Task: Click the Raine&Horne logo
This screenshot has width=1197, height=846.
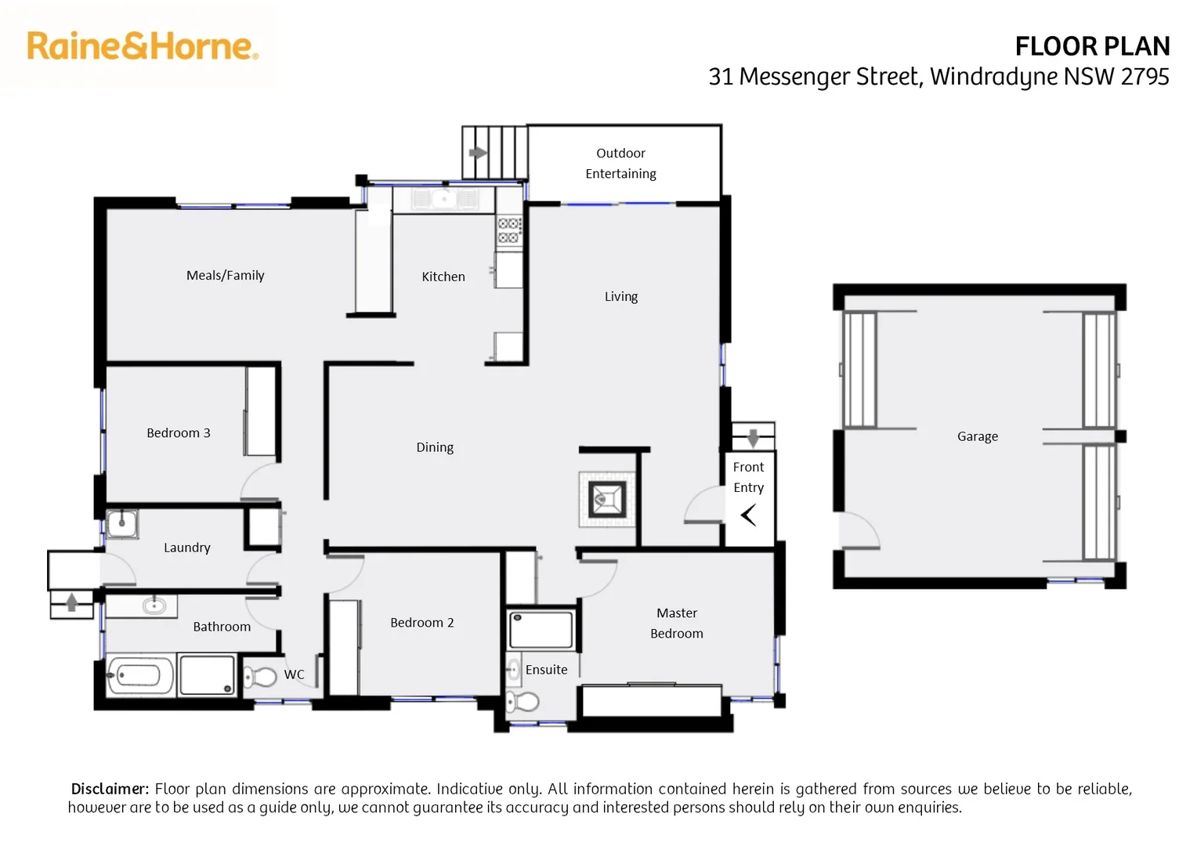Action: click(x=143, y=46)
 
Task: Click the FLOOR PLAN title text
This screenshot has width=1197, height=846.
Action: click(x=1091, y=46)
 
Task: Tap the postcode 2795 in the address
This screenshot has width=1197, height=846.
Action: click(x=1145, y=77)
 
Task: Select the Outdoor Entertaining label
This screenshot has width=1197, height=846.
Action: click(x=620, y=163)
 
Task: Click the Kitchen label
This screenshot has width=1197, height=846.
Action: click(x=443, y=277)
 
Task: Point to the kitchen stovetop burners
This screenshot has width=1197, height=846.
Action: click(x=508, y=230)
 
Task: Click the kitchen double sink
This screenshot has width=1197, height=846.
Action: click(x=443, y=199)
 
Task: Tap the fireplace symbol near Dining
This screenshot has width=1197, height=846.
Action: click(x=607, y=498)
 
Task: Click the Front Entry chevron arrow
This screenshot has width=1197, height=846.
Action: click(x=748, y=515)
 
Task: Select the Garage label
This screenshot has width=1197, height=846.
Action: click(x=977, y=436)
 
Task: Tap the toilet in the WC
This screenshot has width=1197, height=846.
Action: click(x=260, y=676)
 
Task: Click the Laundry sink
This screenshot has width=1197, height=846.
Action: click(x=122, y=523)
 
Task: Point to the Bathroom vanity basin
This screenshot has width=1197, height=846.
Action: click(x=154, y=606)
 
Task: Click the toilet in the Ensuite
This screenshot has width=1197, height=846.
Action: click(x=523, y=701)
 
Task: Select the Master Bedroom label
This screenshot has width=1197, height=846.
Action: click(x=677, y=623)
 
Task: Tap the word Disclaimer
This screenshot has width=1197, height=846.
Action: click(x=110, y=789)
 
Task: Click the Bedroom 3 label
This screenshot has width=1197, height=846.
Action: click(x=179, y=432)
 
